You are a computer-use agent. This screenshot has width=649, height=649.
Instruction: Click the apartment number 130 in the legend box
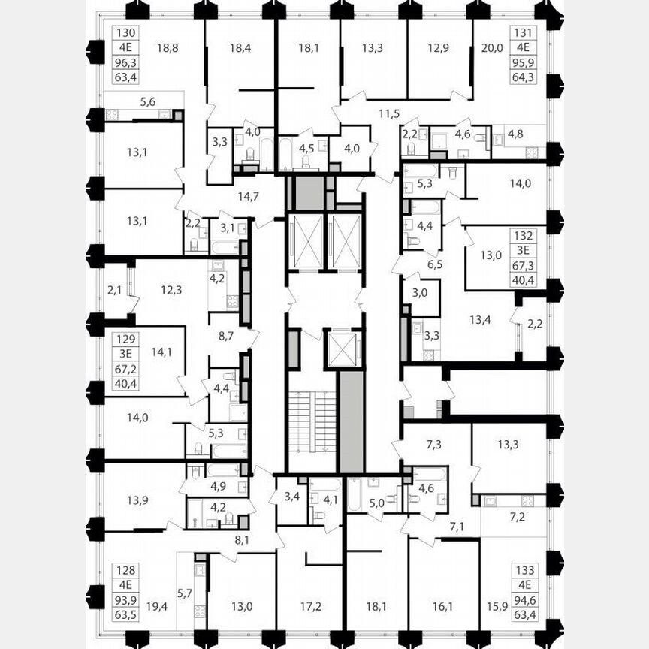(125, 32)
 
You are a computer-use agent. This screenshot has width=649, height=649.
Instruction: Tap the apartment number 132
(524, 235)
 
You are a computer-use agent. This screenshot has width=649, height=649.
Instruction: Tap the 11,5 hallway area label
(388, 113)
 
